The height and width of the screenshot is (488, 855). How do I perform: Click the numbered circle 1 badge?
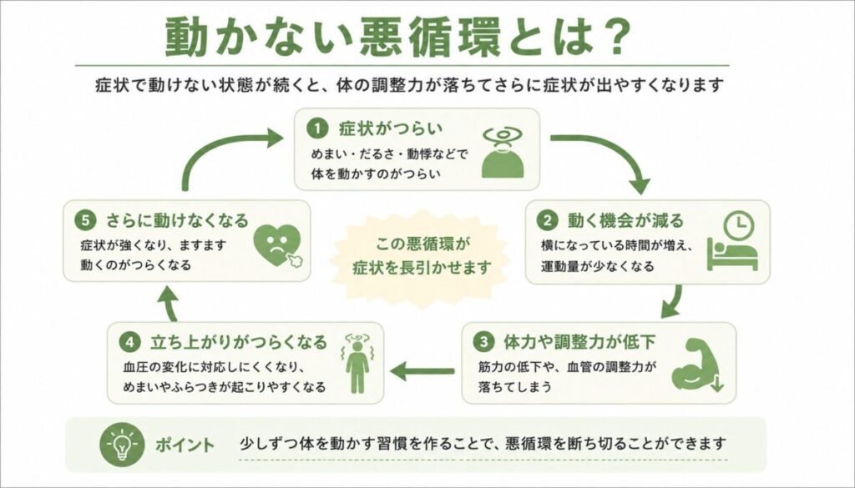point(316,129)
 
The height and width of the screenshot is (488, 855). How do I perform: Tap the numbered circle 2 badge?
point(547,220)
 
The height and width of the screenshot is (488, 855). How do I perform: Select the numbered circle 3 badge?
point(483,342)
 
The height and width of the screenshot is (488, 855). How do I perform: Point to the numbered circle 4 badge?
point(129,343)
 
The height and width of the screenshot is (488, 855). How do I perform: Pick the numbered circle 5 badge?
point(85,220)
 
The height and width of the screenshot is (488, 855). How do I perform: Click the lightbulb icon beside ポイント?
point(122,445)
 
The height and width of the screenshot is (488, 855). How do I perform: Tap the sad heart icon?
point(278,246)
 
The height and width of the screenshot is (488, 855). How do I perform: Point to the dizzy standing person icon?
point(357,363)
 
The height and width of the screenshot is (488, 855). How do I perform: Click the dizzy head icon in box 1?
point(503,153)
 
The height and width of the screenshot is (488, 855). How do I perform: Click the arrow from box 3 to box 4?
point(422,371)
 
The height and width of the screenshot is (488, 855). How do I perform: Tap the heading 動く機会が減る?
point(625,220)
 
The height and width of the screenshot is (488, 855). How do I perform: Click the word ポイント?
point(185,445)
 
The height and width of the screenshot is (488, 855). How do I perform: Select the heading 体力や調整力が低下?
point(579,342)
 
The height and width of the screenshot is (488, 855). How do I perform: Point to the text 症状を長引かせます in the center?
point(422,268)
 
